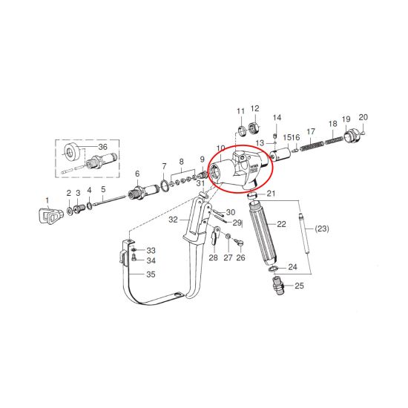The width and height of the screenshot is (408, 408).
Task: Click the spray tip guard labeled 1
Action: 50,214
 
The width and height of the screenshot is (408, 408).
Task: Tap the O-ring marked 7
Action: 164,185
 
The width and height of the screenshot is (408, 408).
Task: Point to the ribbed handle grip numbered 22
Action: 263,231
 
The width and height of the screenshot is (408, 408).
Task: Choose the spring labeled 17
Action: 312,145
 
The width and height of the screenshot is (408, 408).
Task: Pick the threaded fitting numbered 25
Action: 278,286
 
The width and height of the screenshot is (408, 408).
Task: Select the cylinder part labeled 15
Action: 280,154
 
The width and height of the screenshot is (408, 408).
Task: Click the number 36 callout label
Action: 103,147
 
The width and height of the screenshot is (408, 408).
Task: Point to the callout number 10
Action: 220,148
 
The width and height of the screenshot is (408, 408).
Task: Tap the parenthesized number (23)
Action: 322,229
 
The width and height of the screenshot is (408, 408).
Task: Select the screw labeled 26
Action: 239,243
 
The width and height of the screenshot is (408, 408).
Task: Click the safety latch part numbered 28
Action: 215,234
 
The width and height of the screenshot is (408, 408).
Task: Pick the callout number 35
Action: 151,274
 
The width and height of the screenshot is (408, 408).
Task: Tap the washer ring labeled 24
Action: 273,269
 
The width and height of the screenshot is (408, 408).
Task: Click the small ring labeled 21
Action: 251,195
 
